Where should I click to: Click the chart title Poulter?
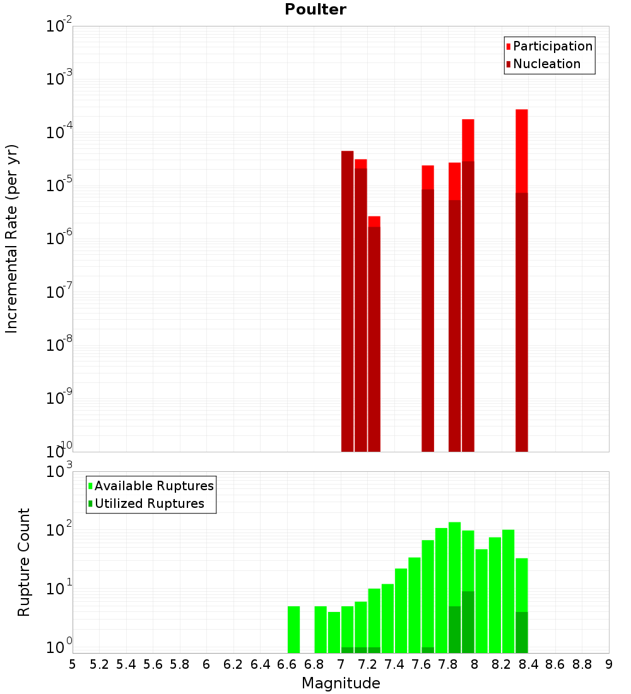coord(315,9)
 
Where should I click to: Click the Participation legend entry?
coord(553,46)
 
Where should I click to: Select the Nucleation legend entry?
coord(546,64)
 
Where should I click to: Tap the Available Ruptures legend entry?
coord(154,486)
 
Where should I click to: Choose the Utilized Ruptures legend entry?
coord(149,503)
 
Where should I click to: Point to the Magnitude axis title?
coord(341,683)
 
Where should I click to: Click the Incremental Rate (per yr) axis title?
coord(11,238)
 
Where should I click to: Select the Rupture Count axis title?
coord(24,562)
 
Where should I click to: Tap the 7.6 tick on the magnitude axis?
coord(421,664)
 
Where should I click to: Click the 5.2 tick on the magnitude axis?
coord(99,664)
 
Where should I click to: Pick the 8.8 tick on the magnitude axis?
coord(582,664)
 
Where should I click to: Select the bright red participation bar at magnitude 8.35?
coord(521,151)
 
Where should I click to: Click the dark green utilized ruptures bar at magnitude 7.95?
coord(468,622)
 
